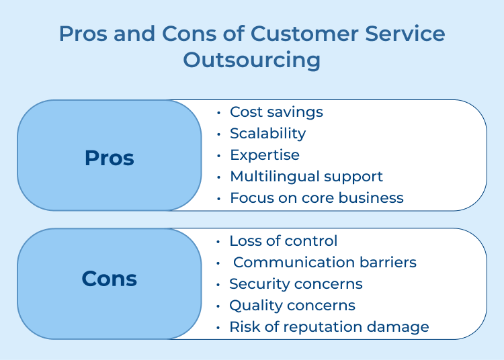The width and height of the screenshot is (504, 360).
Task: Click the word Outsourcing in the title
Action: coord(252,60)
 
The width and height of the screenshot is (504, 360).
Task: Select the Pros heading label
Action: coord(109,158)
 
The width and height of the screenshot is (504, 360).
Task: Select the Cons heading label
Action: coord(109,279)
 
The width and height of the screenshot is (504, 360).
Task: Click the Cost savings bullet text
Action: coord(276,112)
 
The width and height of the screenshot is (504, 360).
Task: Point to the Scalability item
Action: coord(267,134)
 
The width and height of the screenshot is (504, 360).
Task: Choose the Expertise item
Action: coord(265,155)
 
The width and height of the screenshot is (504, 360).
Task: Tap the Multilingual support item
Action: coord(306,177)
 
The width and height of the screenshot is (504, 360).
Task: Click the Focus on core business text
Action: coord(317,198)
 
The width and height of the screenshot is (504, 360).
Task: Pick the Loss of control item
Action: coord(283,241)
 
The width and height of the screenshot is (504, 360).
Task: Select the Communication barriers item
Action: coord(325,263)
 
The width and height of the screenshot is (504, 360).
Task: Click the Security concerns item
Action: coord(296,284)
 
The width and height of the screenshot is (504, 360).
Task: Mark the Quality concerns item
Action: coord(292,306)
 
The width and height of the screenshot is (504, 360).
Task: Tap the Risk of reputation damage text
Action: coord(329,327)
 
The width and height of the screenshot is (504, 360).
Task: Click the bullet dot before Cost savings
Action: coord(219,113)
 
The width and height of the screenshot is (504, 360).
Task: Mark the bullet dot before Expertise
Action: coord(219,156)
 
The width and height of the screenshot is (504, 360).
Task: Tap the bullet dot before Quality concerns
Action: coord(218,306)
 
